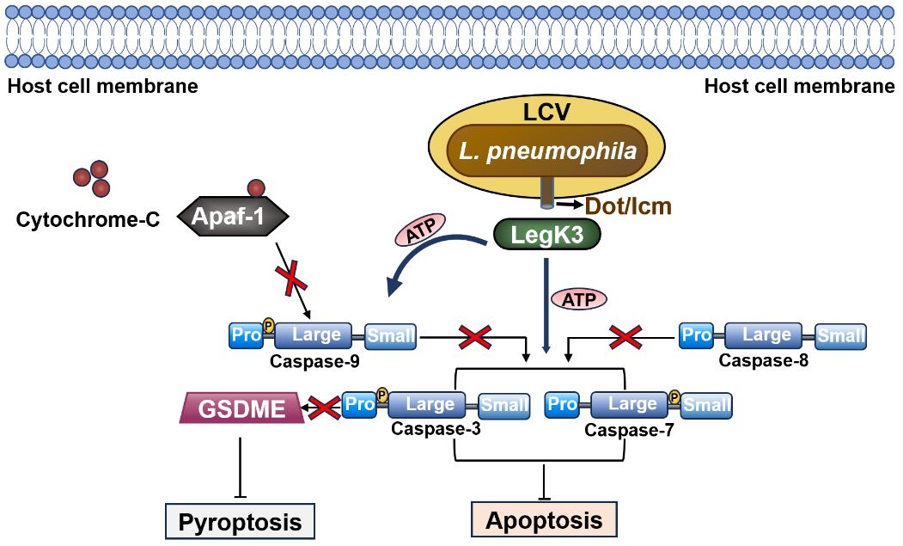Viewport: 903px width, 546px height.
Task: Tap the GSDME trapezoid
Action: tap(243, 408)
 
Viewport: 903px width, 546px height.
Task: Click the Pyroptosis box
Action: tap(240, 521)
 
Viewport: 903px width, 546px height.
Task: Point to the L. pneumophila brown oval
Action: tap(547, 151)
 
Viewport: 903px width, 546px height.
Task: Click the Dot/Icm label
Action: tap(628, 206)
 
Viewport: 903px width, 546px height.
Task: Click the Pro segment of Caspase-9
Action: tap(246, 335)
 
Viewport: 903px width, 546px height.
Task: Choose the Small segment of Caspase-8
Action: tap(840, 336)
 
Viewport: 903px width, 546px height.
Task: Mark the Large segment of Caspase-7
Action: tap(631, 404)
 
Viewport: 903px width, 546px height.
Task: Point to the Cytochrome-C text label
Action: tap(88, 220)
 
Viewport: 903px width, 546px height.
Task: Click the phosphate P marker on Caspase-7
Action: tap(675, 396)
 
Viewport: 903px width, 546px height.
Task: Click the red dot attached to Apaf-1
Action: tap(256, 188)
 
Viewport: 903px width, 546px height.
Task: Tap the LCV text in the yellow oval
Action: tap(546, 111)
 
